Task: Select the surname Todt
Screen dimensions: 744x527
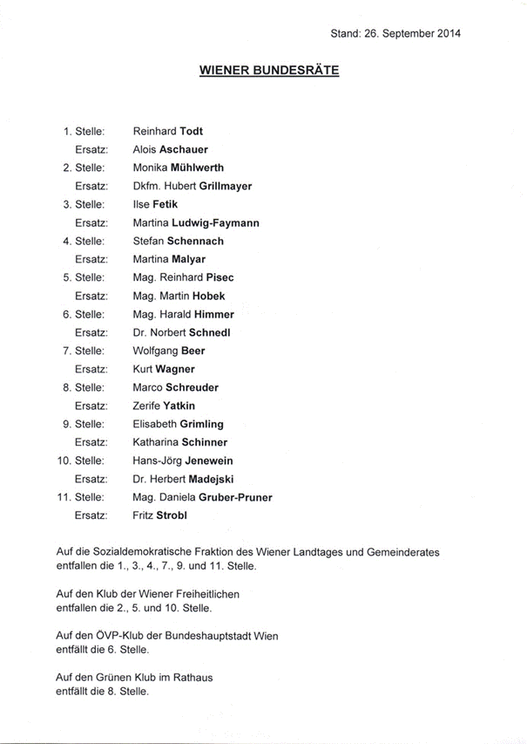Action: (x=191, y=132)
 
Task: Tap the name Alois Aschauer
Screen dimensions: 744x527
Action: (x=170, y=150)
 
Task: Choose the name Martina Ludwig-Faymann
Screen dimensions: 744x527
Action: (x=195, y=223)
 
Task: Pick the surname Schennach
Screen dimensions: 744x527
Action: (x=195, y=241)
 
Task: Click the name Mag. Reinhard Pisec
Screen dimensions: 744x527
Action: (x=183, y=277)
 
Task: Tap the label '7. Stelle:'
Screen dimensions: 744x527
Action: (x=84, y=351)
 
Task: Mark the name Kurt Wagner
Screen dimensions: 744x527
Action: (x=163, y=369)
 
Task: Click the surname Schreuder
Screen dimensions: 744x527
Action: (x=194, y=387)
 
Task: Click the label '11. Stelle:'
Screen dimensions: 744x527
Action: (x=81, y=497)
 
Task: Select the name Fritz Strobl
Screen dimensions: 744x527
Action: (x=159, y=515)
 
